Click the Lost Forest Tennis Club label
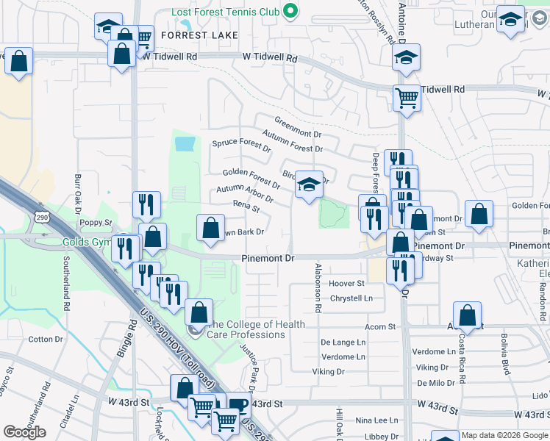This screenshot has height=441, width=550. point(225,12)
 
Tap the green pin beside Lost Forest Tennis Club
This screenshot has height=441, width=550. point(290,11)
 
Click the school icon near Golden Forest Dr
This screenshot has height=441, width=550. point(310,185)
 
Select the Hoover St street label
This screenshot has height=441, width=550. point(347,284)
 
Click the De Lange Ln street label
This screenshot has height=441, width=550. point(343,343)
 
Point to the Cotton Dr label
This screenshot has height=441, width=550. point(46,339)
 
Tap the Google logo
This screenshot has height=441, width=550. point(25,432)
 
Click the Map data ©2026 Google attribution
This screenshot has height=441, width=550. point(505,436)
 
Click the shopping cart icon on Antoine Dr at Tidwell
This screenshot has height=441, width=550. point(406,97)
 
